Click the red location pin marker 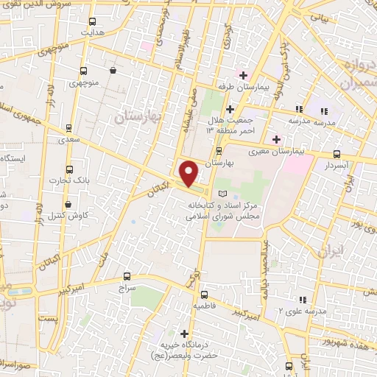click(189, 172)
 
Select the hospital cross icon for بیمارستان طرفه click(243, 75)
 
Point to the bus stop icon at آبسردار click(337, 154)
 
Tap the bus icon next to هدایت click(91, 21)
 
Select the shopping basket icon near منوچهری click(113, 71)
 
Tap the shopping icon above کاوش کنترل click(68, 204)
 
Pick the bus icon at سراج click(127, 277)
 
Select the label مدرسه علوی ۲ click(281, 310)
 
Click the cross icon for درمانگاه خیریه click(184, 334)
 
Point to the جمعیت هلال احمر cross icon click(230, 109)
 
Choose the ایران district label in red click(331, 251)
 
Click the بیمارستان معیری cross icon click(276, 139)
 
